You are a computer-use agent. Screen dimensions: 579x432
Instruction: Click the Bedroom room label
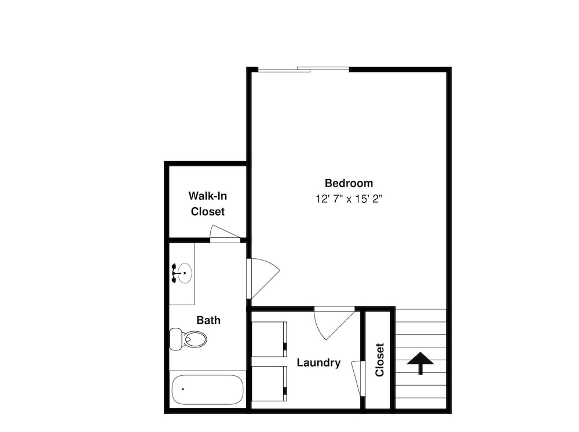pos(349,183)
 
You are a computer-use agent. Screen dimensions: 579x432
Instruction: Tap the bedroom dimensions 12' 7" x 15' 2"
pos(349,199)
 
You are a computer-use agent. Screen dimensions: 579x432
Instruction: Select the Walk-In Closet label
pos(207,203)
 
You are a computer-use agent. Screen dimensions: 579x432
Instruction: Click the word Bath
pos(208,320)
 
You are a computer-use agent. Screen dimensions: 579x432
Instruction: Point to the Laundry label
pos(318,363)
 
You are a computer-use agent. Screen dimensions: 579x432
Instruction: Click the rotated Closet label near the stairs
pos(380,360)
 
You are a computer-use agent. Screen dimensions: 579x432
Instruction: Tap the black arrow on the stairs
pos(420,363)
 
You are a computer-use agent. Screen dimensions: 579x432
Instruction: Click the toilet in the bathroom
pos(188,339)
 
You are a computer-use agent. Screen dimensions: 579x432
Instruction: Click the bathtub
pos(207,390)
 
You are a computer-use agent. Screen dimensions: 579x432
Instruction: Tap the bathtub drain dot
pos(183,389)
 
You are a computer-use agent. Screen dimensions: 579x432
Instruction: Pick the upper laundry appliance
pos(269,339)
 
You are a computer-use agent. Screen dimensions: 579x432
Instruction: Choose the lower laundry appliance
pos(269,383)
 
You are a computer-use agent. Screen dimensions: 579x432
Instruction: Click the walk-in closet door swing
pos(225,234)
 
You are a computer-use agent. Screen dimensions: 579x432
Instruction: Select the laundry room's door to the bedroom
pos(334,323)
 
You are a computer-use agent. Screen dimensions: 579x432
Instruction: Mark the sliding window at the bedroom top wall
pos(303,69)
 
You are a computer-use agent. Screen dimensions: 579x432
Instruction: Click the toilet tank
pos(176,339)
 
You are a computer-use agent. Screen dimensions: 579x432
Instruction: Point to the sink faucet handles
pos(174,273)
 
